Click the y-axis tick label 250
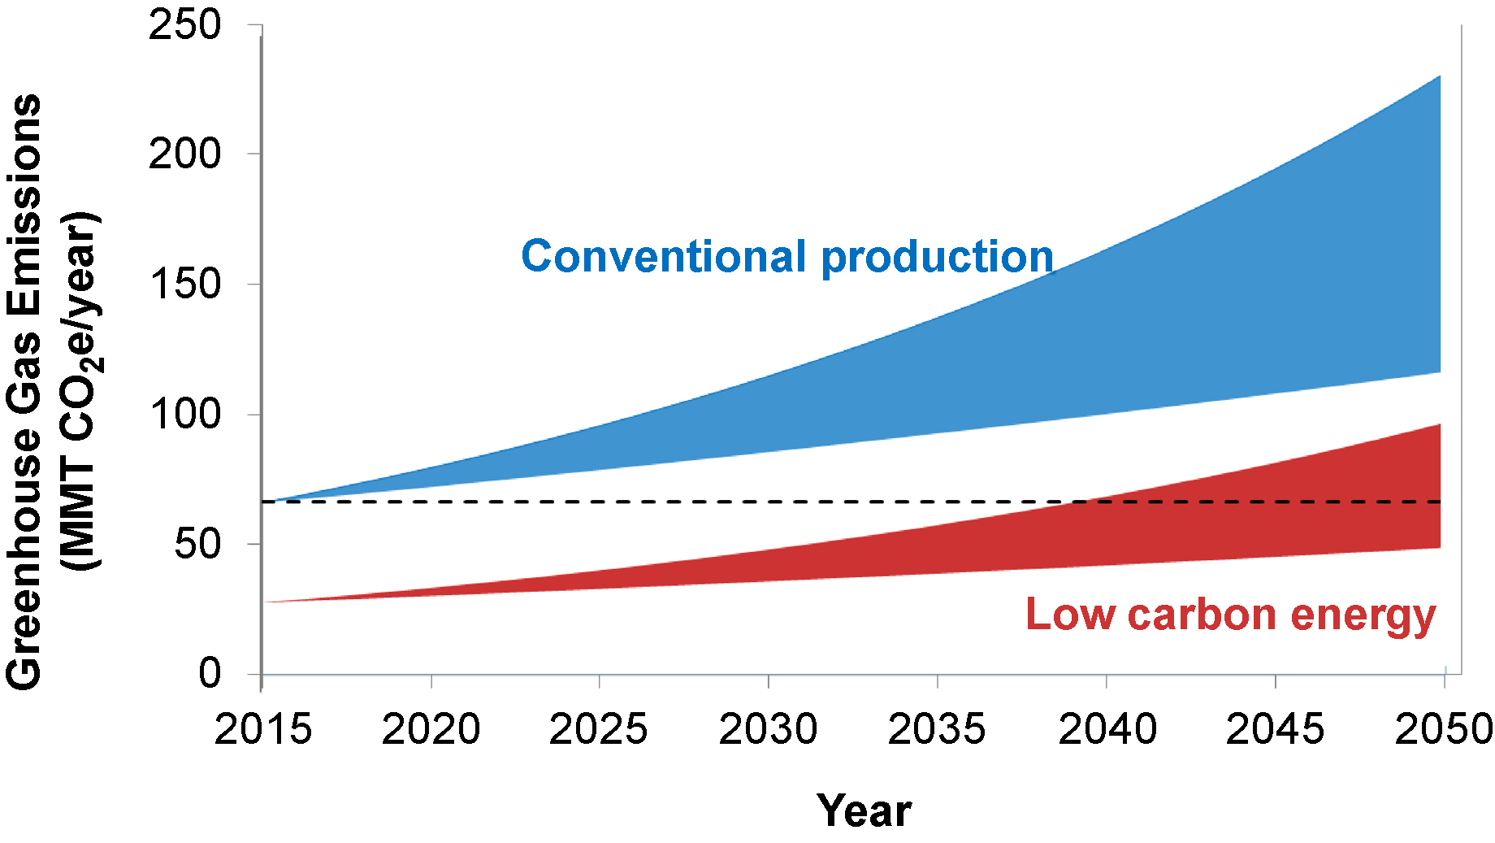point(184,24)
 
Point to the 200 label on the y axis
point(184,154)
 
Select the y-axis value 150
point(184,284)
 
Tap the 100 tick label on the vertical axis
point(184,414)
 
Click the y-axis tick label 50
point(197,544)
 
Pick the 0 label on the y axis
point(210,673)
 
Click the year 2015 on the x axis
point(262,728)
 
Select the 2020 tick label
point(431,728)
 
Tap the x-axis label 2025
point(599,728)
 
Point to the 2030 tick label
point(768,728)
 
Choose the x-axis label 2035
point(937,728)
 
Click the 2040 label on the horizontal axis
point(1107,728)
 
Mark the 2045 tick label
point(1275,728)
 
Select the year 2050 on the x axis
point(1443,728)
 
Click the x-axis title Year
point(864,810)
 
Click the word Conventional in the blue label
point(663,256)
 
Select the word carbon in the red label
point(1202,614)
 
